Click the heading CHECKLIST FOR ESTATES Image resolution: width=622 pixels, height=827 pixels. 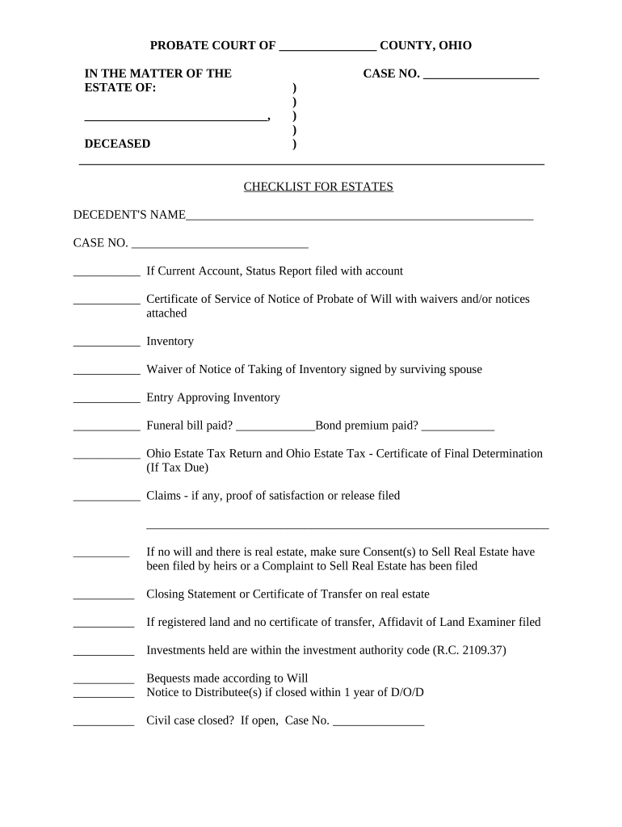coord(318,187)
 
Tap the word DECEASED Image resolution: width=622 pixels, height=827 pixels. coord(117,144)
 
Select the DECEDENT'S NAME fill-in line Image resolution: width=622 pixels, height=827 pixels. coord(359,216)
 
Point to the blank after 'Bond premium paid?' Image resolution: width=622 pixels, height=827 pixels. coord(457,427)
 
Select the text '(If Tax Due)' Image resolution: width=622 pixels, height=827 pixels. coord(177,468)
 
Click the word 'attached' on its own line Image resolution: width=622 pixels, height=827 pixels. coord(166,313)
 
